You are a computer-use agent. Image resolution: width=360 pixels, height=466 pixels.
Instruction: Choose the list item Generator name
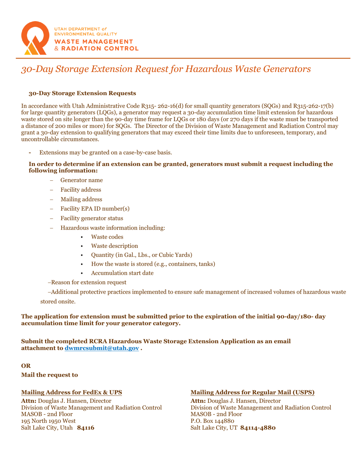click(81, 180)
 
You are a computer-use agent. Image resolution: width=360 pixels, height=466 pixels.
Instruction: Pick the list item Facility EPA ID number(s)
click(89, 208)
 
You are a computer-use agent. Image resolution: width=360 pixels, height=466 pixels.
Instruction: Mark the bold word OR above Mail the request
click(25, 366)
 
